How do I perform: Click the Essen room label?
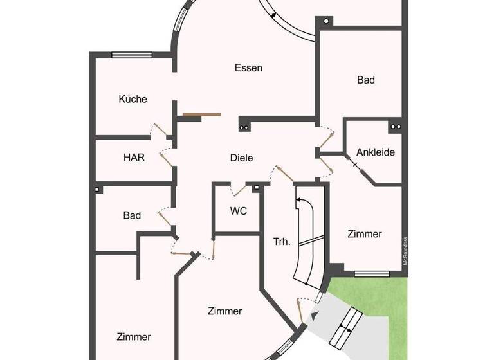(248, 68)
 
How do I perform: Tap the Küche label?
(133, 99)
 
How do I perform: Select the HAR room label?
(134, 157)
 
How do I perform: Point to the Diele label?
(242, 157)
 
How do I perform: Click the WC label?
(239, 211)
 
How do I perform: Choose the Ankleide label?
(375, 153)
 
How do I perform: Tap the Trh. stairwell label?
(282, 242)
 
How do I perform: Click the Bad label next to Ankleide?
(366, 80)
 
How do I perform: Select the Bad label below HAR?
(132, 216)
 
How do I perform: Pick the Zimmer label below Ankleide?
(365, 234)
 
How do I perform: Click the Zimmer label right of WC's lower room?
(225, 311)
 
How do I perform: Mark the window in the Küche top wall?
(131, 55)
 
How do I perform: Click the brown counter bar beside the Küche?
(201, 115)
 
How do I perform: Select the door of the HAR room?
(165, 157)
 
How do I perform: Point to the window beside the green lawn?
(372, 274)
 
